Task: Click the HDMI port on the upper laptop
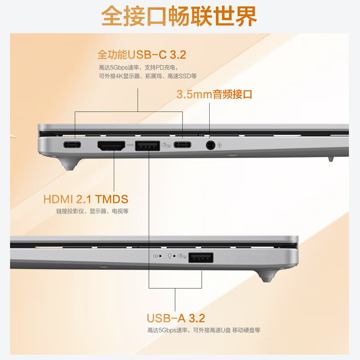[112, 145]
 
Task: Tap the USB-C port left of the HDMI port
[72, 145]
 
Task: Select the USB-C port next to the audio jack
[183, 145]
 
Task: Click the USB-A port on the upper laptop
[148, 145]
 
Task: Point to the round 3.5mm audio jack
[210, 145]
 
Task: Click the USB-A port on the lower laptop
[201, 258]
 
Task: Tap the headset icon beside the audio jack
[220, 145]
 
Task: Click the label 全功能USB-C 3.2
[142, 55]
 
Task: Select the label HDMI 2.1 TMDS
[86, 199]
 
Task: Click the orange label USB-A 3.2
[175, 318]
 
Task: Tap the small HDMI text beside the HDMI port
[130, 145]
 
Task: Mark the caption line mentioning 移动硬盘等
[203, 330]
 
